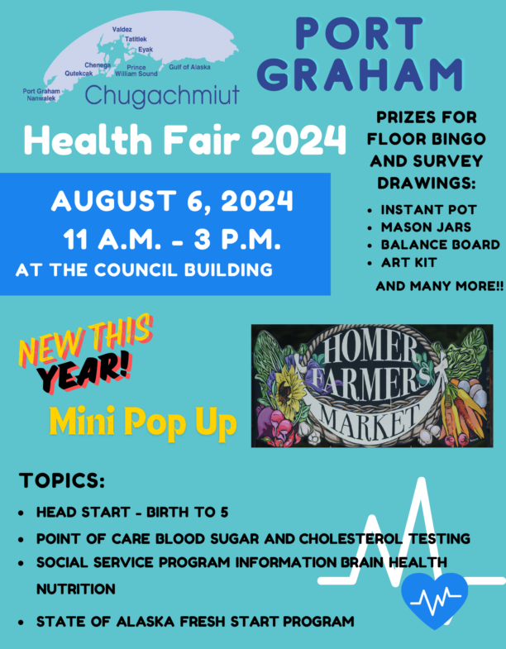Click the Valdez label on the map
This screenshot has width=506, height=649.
[x=122, y=30]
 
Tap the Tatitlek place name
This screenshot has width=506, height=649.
[x=136, y=39]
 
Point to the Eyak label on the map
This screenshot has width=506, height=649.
[x=146, y=50]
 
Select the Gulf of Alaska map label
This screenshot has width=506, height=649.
[x=189, y=67]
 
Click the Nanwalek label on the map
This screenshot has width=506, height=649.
[x=41, y=98]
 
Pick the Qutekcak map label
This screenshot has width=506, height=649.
[x=79, y=74]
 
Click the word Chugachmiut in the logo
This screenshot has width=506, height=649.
[x=162, y=96]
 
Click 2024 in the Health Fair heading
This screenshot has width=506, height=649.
[x=298, y=140]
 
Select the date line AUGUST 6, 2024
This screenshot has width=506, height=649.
[x=172, y=201]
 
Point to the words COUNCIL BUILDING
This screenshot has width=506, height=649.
[x=183, y=270]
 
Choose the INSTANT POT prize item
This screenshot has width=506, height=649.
[x=428, y=210]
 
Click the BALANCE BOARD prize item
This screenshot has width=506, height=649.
[x=440, y=245]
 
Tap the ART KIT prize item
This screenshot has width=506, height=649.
[x=408, y=262]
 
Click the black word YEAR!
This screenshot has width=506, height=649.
[x=84, y=372]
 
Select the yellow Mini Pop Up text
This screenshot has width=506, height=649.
[x=143, y=422]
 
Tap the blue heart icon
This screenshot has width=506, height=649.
[x=434, y=599]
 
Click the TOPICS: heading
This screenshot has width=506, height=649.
[x=62, y=480]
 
